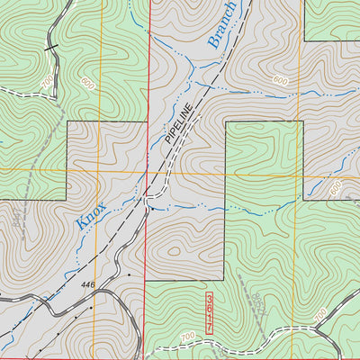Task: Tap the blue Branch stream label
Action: click(221, 24)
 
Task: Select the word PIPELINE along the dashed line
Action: click(178, 126)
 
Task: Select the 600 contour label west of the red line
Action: click(86, 83)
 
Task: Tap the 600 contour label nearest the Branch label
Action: click(280, 81)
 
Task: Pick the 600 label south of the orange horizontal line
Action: click(336, 188)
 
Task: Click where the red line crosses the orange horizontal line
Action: click(146, 171)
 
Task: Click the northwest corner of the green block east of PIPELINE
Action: click(225, 121)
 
